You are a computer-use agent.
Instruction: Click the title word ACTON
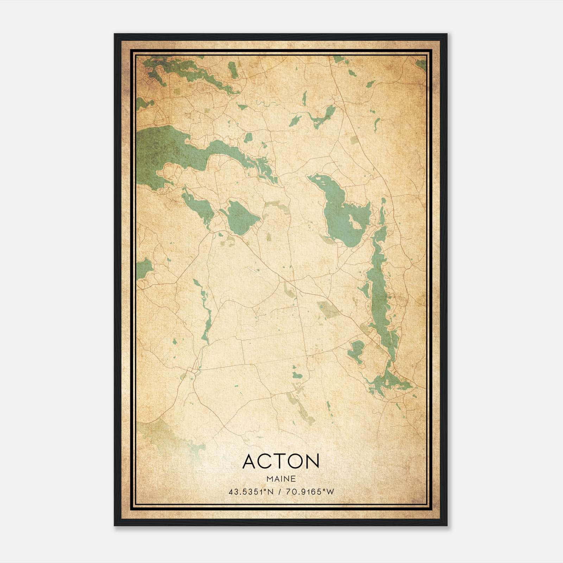(x=280, y=461)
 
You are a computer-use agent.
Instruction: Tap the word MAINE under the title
(x=281, y=479)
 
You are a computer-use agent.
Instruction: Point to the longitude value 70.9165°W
(x=309, y=492)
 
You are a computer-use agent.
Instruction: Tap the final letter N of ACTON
(x=312, y=461)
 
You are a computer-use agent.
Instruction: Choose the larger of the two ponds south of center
(x=298, y=375)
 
